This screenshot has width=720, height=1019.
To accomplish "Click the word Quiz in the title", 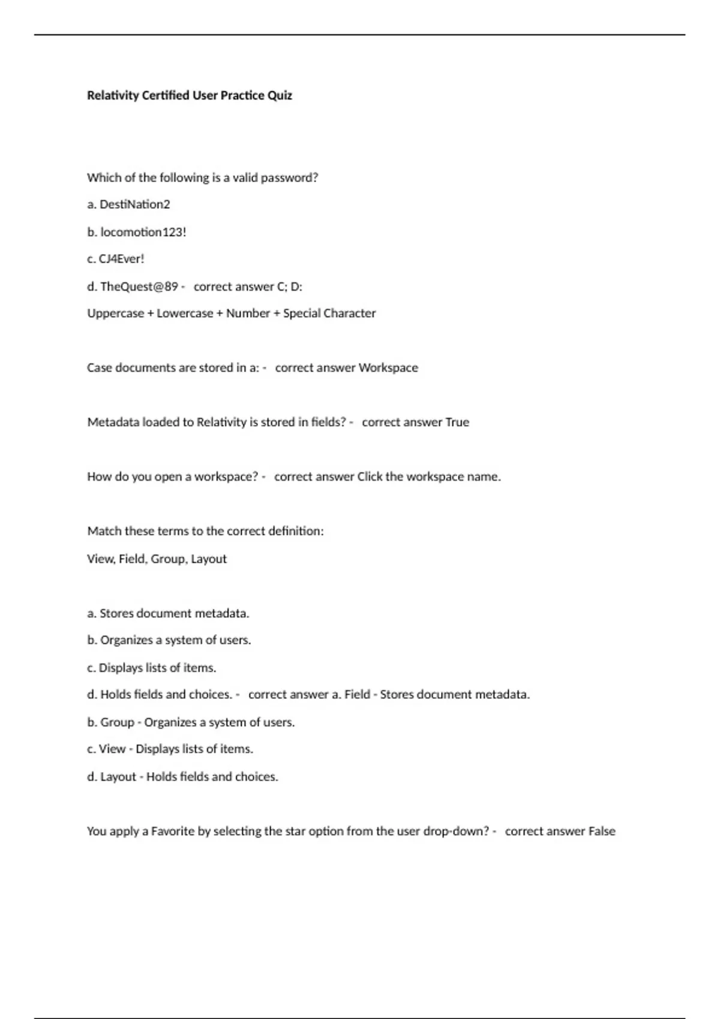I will [280, 95].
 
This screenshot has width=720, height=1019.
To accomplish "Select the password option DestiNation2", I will [134, 204].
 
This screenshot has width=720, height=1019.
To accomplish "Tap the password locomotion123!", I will [143, 232].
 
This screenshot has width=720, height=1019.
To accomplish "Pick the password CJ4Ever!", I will [121, 259].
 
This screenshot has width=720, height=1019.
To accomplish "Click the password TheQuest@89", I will [139, 287].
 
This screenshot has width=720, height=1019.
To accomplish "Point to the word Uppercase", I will [115, 313].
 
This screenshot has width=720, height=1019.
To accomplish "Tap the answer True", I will [457, 423].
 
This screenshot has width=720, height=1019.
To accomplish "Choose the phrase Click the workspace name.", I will [428, 477].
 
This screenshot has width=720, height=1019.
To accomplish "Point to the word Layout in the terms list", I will [208, 559].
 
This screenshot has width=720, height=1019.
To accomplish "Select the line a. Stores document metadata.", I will [168, 613].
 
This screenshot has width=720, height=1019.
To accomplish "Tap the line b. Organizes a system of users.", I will [169, 640].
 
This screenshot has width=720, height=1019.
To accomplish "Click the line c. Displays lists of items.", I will [151, 668].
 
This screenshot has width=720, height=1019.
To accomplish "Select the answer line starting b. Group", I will [191, 722].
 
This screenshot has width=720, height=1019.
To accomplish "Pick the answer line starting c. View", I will [170, 749].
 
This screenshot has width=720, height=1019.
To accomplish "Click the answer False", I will [602, 831].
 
